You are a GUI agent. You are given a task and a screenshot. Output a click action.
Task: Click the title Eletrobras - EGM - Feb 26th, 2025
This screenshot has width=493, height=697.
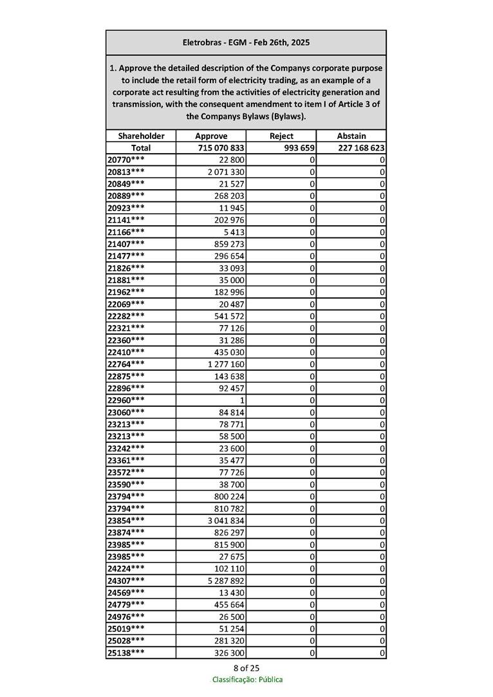pyautogui.click(x=246, y=42)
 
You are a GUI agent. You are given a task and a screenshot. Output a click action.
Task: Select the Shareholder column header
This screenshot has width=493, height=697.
pyautogui.click(x=141, y=136)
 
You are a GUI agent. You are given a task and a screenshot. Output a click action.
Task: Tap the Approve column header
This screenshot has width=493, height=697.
pyautogui.click(x=211, y=136)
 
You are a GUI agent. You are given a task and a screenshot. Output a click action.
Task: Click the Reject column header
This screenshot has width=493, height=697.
pyautogui.click(x=281, y=136)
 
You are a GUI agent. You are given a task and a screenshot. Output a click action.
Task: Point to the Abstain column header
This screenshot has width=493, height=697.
pyautogui.click(x=351, y=136)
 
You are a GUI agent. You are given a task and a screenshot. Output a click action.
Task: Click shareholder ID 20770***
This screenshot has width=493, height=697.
pyautogui.click(x=126, y=160)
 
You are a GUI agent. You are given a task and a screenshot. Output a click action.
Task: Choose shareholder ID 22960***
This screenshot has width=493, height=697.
pyautogui.click(x=126, y=400)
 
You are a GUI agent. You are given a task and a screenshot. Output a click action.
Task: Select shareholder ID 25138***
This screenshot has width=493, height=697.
pyautogui.click(x=126, y=653)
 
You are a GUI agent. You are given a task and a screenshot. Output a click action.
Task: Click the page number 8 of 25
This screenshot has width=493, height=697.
pyautogui.click(x=247, y=667)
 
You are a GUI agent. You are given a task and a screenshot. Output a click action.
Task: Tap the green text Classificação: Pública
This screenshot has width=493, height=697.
pyautogui.click(x=247, y=680)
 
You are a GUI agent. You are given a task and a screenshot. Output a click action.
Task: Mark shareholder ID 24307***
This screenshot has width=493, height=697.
pyautogui.click(x=126, y=581)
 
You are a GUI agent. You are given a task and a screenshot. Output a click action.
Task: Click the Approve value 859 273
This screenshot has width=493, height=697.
pyautogui.click(x=229, y=244)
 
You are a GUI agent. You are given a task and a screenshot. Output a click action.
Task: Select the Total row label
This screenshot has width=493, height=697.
pyautogui.click(x=141, y=148)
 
